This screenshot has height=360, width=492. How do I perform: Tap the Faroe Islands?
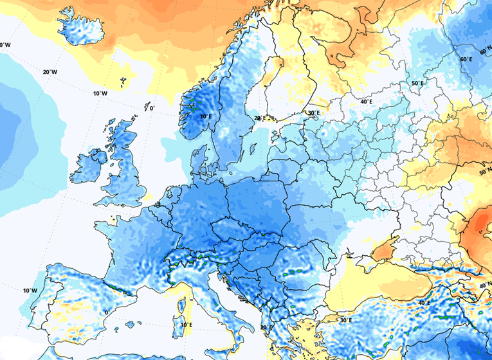pyautogui.click(x=122, y=82)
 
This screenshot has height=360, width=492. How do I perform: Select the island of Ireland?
pyautogui.click(x=89, y=166)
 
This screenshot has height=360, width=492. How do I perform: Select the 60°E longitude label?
pyautogui.click(x=466, y=59)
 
